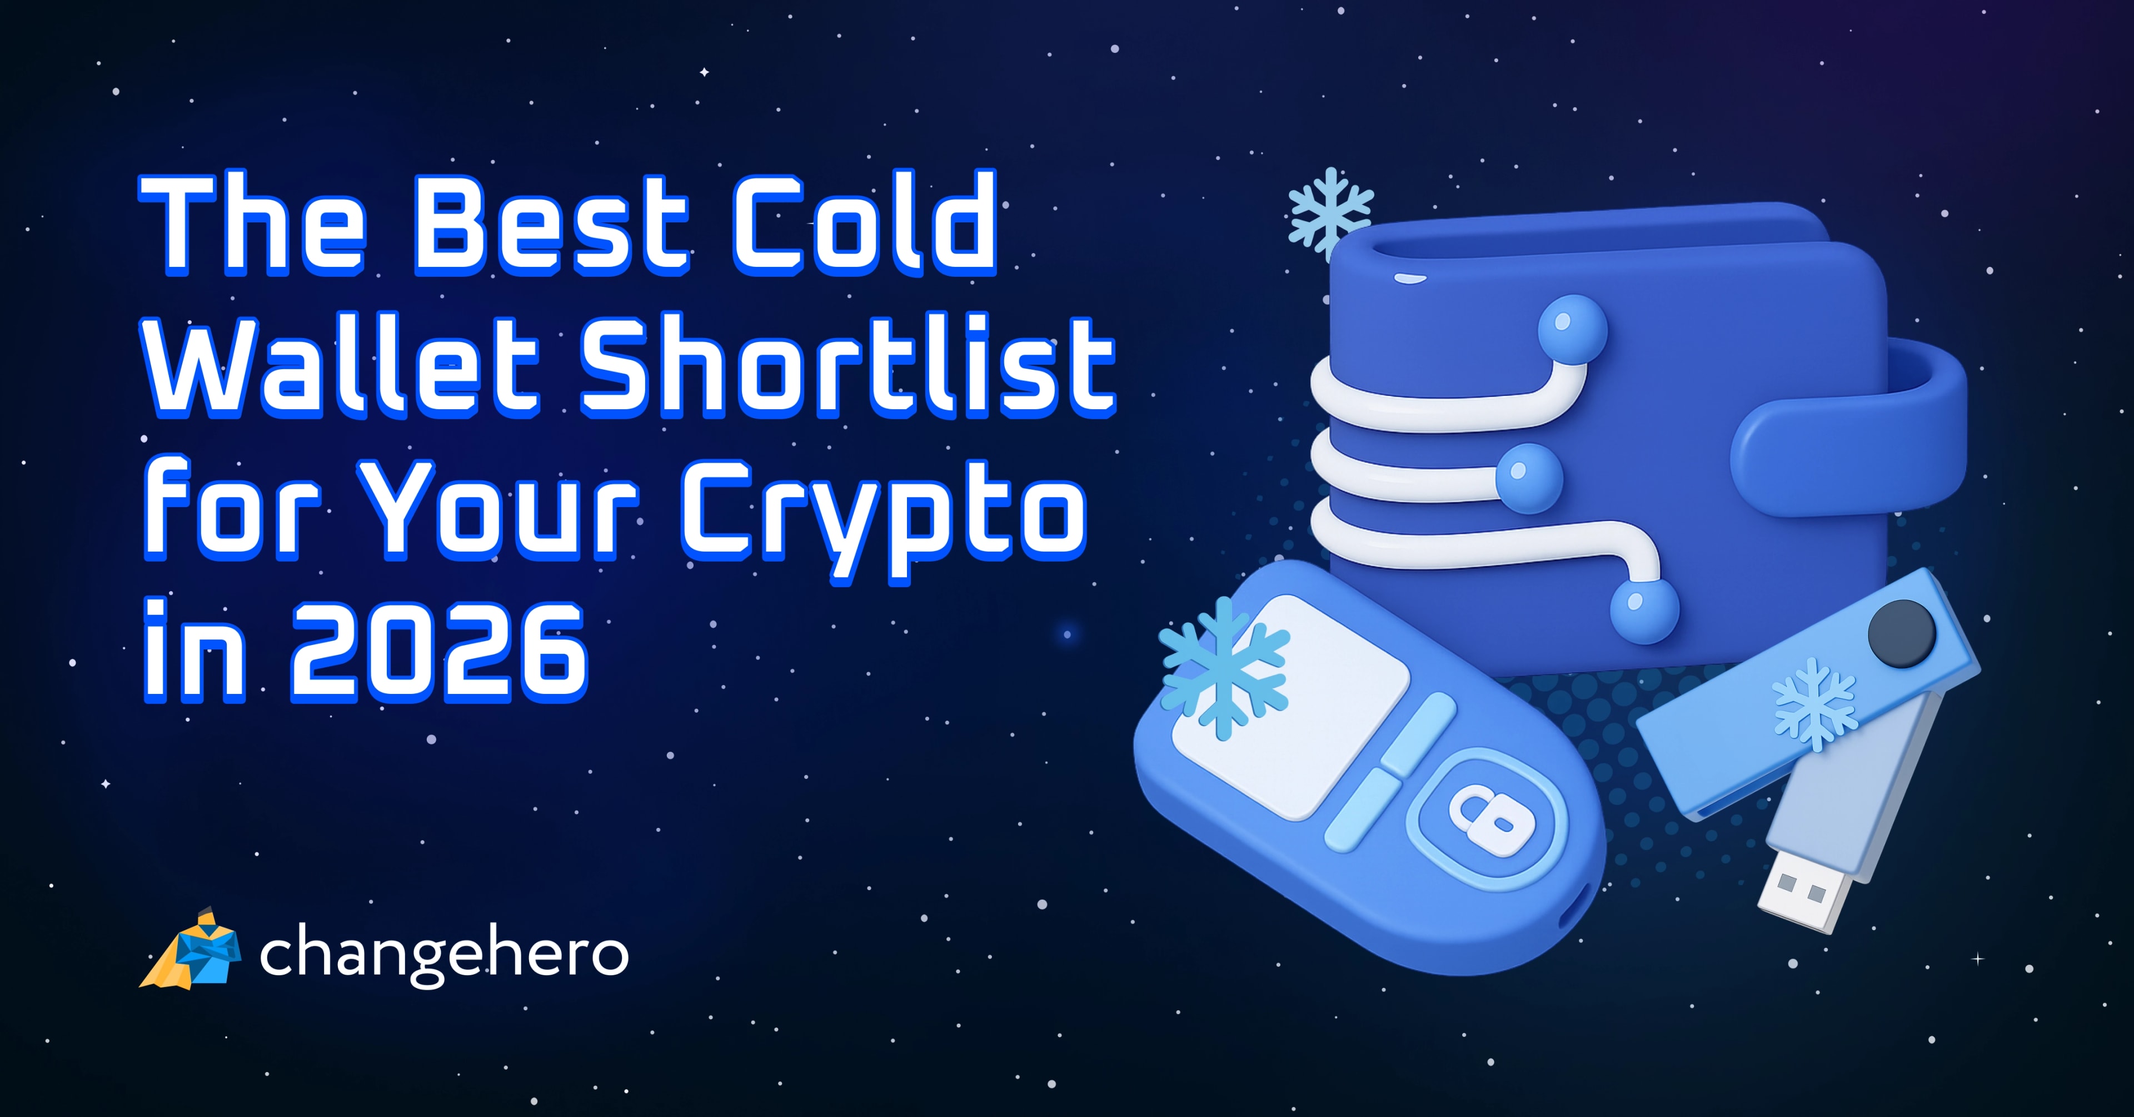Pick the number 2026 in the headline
pos(437,653)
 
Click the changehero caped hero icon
pos(192,951)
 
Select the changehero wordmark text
pos(444,955)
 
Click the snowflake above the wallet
pos(1329,211)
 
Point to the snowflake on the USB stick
pos(1814,704)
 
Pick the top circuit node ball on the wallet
pos(1572,329)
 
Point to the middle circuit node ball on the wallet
pos(1528,478)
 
